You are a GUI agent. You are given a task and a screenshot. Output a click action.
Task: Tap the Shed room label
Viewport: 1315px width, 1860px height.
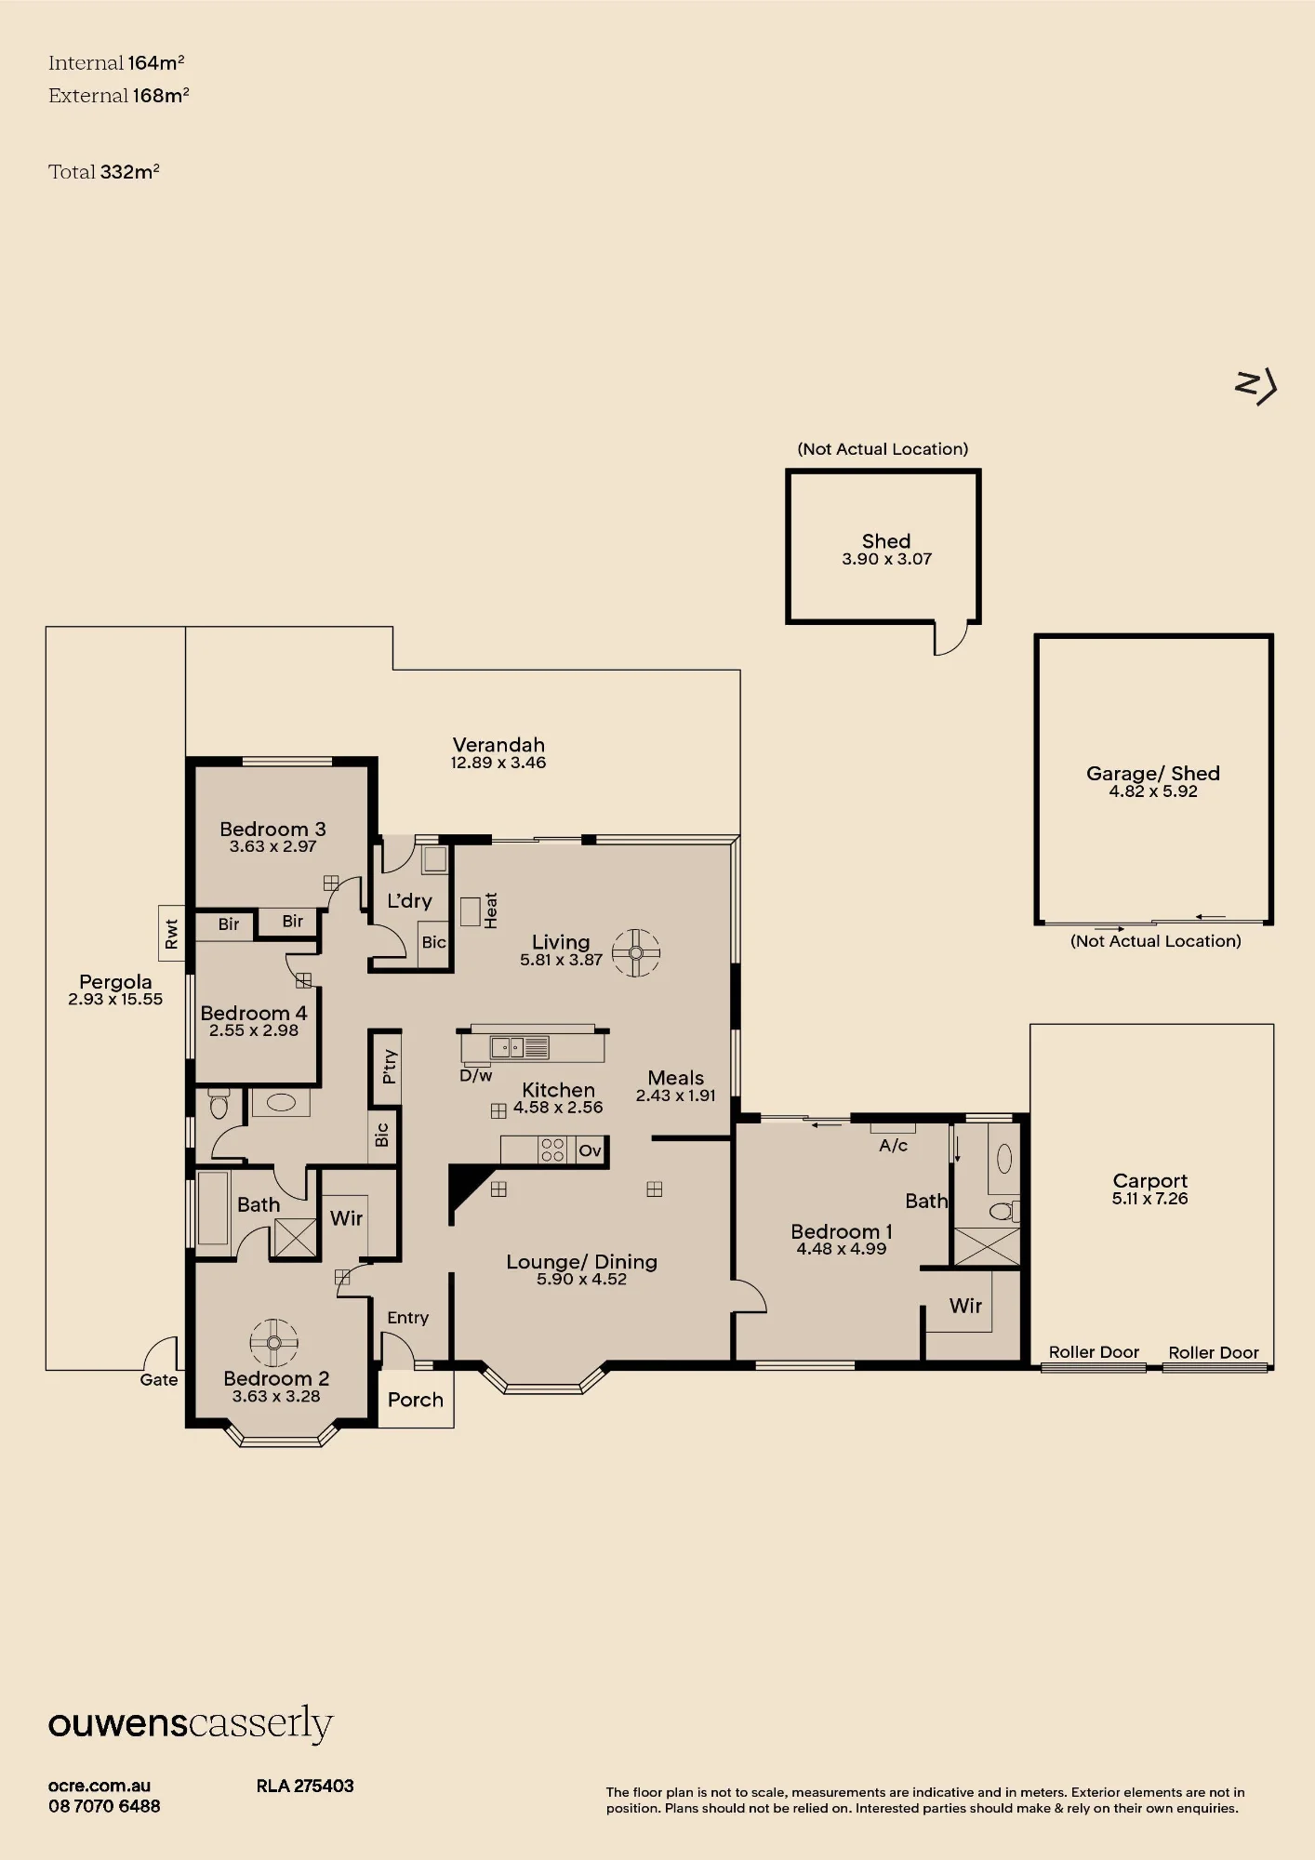pyautogui.click(x=886, y=541)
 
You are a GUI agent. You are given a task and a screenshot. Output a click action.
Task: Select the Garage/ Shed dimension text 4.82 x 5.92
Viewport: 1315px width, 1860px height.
pyautogui.click(x=1153, y=791)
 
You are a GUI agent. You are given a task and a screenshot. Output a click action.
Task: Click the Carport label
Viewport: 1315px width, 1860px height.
pyautogui.click(x=1150, y=1181)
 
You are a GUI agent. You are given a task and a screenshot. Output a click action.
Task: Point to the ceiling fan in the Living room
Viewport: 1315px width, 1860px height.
pyautogui.click(x=636, y=953)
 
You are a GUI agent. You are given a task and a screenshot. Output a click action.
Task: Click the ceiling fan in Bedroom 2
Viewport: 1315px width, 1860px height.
pyautogui.click(x=274, y=1343)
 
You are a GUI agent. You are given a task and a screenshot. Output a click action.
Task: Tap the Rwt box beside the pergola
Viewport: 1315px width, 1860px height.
pyautogui.click(x=172, y=933)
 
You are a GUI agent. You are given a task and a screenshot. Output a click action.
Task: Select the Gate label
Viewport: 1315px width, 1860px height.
pyautogui.click(x=159, y=1380)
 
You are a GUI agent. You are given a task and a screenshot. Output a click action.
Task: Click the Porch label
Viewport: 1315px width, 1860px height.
pyautogui.click(x=416, y=1400)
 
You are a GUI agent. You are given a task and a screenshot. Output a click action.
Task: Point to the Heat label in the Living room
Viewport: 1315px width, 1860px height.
pyautogui.click(x=491, y=910)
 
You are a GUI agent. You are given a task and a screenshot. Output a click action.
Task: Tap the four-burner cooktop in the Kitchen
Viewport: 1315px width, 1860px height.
pyautogui.click(x=552, y=1150)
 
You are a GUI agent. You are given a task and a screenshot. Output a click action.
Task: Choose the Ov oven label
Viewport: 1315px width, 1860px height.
pyautogui.click(x=591, y=1150)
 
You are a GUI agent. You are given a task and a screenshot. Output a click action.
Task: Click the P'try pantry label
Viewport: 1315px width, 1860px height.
pyautogui.click(x=390, y=1067)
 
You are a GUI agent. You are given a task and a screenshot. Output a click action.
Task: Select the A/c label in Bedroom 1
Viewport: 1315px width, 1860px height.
pyautogui.click(x=894, y=1146)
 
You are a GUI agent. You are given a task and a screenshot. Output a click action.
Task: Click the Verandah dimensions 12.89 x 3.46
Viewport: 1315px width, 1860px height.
pyautogui.click(x=498, y=763)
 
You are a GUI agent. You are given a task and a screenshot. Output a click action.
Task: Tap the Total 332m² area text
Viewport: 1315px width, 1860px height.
pyautogui.click(x=104, y=172)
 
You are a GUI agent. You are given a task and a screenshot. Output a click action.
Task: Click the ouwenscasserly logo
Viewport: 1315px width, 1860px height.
pyautogui.click(x=191, y=1724)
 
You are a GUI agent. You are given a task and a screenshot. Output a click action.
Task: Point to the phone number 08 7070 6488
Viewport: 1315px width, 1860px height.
pyautogui.click(x=104, y=1806)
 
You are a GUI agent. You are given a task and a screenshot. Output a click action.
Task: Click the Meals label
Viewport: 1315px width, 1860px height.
pyautogui.click(x=676, y=1078)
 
